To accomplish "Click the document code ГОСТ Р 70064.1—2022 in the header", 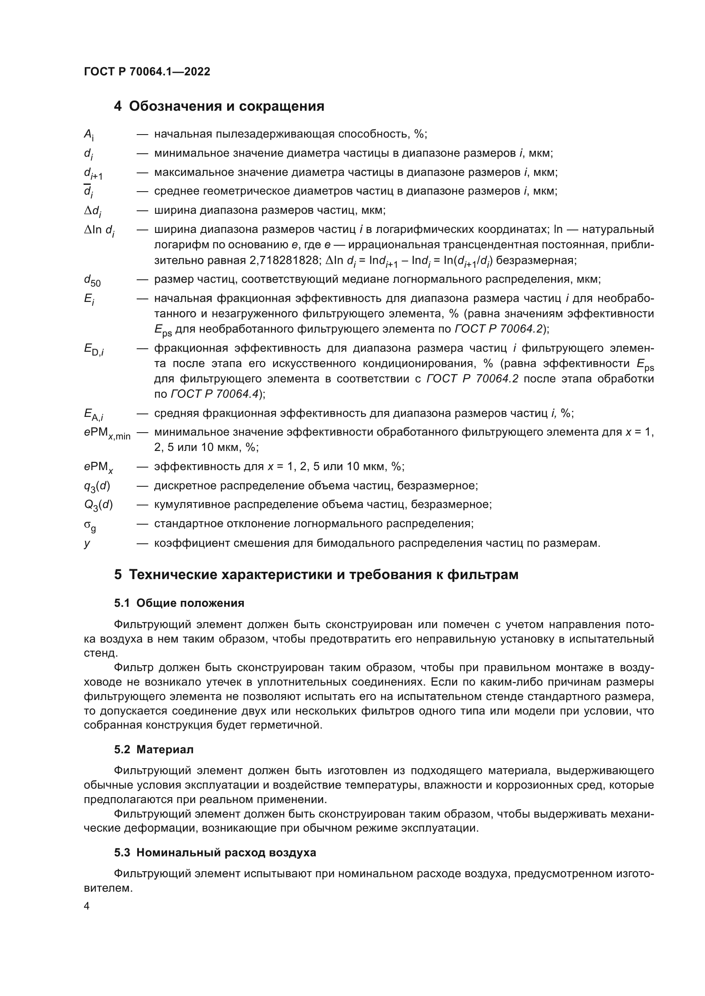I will [x=147, y=72].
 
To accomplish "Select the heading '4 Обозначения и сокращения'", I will [x=219, y=106].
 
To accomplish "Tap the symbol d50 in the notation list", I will [x=92, y=280].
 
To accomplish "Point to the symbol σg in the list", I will [x=90, y=525].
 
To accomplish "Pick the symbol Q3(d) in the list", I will [x=98, y=505].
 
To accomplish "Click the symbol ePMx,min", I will [x=107, y=433].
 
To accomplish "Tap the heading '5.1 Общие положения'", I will [x=179, y=603].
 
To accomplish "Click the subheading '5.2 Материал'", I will [x=154, y=749].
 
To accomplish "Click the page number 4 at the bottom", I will [x=87, y=906].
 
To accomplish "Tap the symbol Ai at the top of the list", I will [x=89, y=135].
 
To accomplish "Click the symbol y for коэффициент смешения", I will [x=87, y=543].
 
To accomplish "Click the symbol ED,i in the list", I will [x=93, y=349].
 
